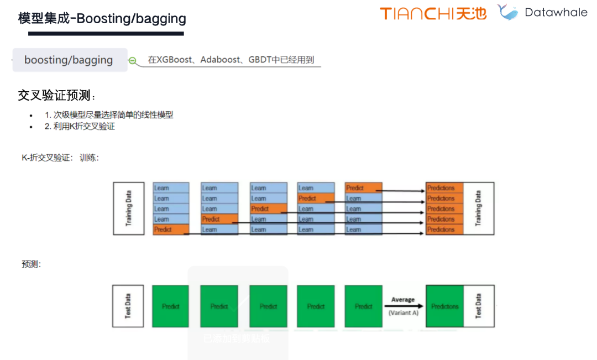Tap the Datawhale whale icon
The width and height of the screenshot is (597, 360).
pyautogui.click(x=507, y=12)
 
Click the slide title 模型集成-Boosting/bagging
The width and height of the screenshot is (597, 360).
pyautogui.click(x=102, y=19)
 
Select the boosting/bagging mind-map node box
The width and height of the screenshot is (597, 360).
pyautogui.click(x=69, y=60)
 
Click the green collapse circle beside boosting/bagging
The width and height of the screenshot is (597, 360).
pyautogui.click(x=133, y=61)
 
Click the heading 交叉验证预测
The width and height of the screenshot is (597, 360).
pyautogui.click(x=54, y=95)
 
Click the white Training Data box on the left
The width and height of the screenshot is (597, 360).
pyautogui.click(x=128, y=208)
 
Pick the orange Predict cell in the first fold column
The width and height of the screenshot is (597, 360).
pyautogui.click(x=171, y=229)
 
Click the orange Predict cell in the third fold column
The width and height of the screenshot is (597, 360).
pyautogui.click(x=268, y=209)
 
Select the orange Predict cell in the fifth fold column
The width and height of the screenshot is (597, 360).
pyautogui.click(x=363, y=188)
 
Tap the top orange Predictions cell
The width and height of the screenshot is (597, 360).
pyautogui.click(x=444, y=188)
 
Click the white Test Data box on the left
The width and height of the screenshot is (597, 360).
pyautogui.click(x=128, y=306)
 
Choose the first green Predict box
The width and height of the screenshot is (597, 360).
pyautogui.click(x=171, y=306)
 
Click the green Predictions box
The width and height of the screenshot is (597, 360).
pyautogui.click(x=444, y=306)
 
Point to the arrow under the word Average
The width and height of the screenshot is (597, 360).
pyautogui.click(x=404, y=306)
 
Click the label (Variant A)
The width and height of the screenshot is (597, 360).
pyautogui.click(x=404, y=313)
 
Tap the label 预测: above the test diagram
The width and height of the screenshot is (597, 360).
pyautogui.click(x=31, y=264)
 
